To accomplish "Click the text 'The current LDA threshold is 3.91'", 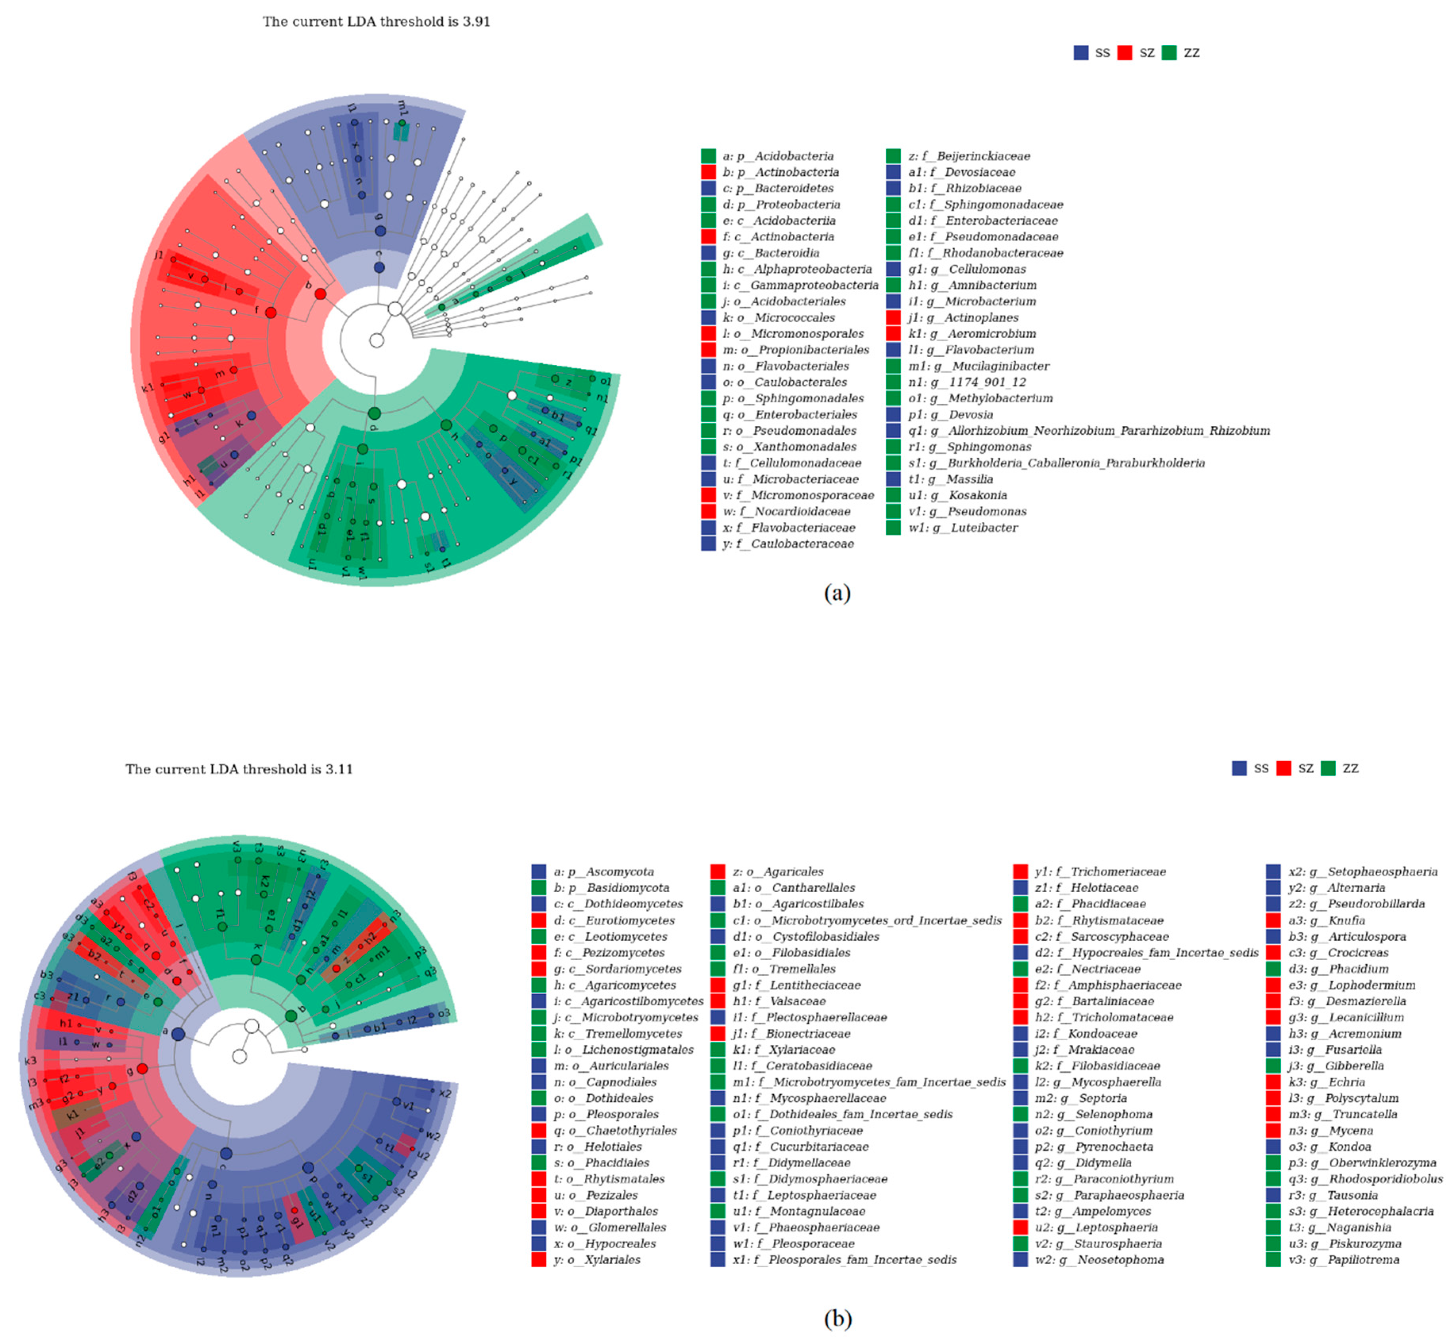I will (376, 22).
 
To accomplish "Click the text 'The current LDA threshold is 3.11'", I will (239, 769).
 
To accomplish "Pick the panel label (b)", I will (837, 1319).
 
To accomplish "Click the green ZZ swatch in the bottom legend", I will (1328, 768).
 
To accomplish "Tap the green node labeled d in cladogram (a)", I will (374, 414).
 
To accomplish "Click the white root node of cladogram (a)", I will (376, 340).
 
